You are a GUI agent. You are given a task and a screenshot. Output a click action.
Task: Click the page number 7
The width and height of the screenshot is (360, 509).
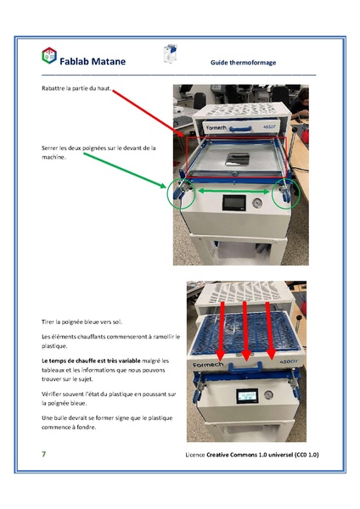point(43,455)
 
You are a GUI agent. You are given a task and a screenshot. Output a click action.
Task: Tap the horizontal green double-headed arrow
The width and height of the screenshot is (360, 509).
point(233,193)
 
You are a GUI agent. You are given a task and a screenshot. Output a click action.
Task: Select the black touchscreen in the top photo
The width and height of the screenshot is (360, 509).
point(232,204)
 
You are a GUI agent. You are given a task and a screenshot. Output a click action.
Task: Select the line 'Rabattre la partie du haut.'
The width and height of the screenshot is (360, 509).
point(76,89)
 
